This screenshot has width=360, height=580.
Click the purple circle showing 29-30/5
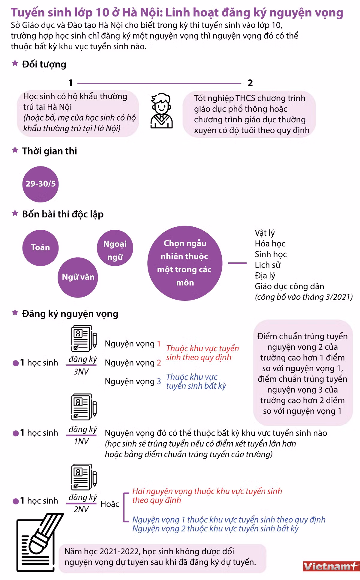40,184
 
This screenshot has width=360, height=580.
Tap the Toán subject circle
40,248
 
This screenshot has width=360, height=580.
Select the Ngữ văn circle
78,277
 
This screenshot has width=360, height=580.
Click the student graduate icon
162,111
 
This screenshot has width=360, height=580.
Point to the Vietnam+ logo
331,566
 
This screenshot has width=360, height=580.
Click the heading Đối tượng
44,64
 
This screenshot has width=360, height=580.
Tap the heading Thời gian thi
49,151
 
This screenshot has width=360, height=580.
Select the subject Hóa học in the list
270,244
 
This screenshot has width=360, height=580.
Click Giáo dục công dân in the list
289,286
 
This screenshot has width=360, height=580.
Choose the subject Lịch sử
268,265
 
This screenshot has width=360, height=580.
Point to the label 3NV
81,372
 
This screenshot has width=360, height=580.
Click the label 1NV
81,441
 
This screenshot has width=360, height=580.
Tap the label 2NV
81,509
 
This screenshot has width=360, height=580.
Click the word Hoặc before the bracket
110,504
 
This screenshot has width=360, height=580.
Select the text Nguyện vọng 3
133,381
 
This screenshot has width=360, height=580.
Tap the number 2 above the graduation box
250,83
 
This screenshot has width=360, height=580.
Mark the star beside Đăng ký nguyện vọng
15,313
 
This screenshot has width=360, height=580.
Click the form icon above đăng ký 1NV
84,407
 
